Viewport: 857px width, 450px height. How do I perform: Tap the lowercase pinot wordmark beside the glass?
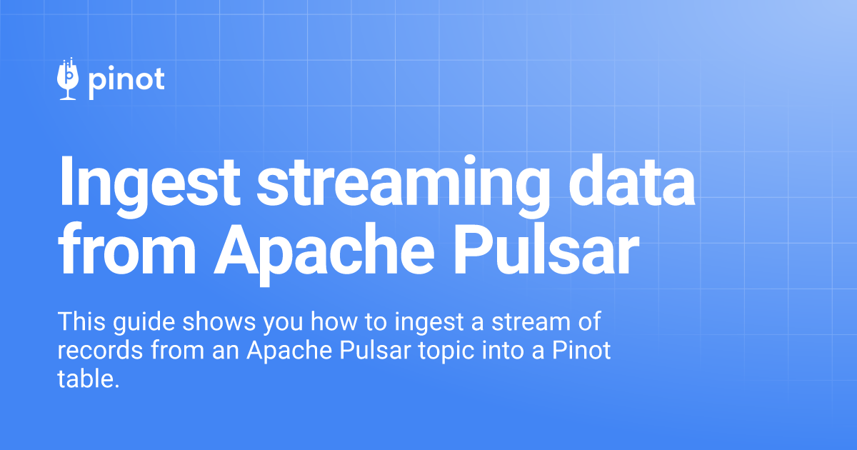(x=126, y=82)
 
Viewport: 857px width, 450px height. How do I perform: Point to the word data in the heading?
(x=631, y=181)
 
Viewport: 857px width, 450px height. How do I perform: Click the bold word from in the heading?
(x=126, y=249)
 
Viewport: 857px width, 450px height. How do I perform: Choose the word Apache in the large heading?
(x=324, y=254)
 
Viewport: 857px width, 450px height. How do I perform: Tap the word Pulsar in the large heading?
(x=546, y=249)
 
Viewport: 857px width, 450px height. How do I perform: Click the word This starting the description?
(x=81, y=321)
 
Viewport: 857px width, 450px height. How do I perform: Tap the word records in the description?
(x=100, y=350)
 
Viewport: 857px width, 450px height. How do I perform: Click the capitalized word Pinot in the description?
(x=581, y=350)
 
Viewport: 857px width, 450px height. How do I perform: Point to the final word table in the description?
(x=89, y=379)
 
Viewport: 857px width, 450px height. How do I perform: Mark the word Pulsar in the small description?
(x=375, y=350)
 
